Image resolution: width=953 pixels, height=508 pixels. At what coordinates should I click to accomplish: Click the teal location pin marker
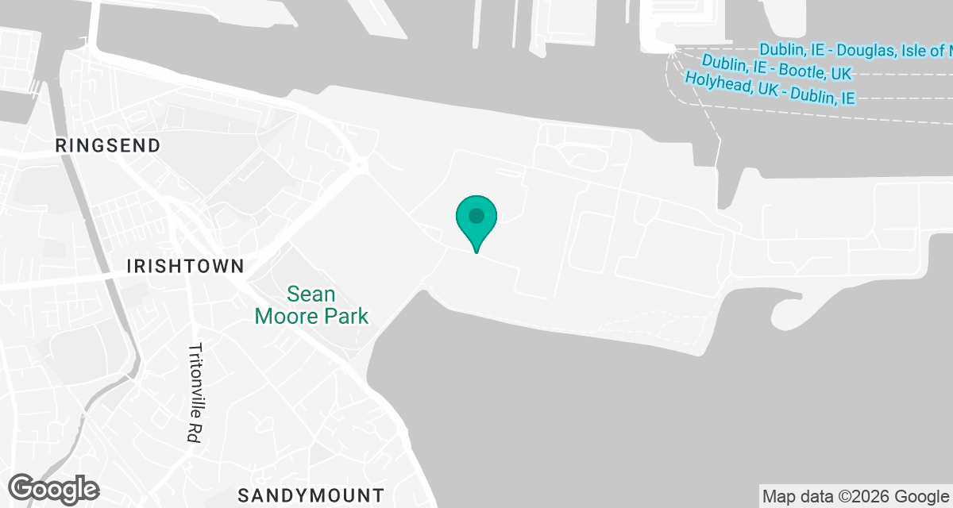click(476, 221)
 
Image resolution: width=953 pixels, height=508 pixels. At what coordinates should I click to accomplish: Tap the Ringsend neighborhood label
click(108, 145)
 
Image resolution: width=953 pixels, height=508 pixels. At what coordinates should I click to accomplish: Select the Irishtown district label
click(185, 266)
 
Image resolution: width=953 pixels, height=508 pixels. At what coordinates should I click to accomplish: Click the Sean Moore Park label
click(311, 306)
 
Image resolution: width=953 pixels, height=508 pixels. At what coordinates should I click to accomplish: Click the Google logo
click(54, 488)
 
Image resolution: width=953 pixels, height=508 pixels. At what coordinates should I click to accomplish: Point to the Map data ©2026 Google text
click(856, 497)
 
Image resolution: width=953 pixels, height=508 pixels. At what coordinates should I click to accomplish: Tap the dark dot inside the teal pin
click(476, 215)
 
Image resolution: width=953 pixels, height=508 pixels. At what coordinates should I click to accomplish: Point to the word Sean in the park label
click(311, 294)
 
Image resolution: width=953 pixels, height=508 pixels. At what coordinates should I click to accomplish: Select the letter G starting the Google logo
click(23, 487)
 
